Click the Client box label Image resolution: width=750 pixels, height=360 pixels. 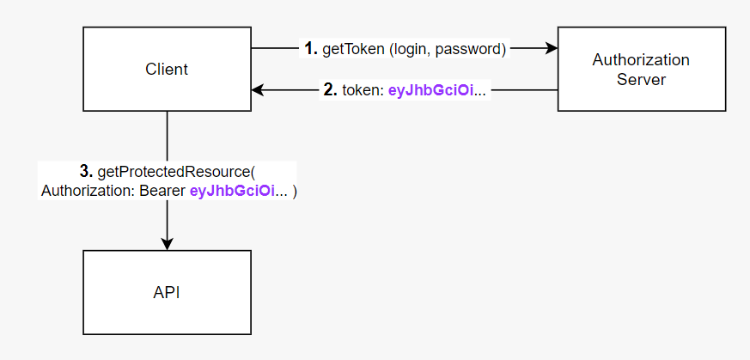167,69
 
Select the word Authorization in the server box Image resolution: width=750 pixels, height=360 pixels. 641,60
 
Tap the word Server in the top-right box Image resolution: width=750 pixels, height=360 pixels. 641,79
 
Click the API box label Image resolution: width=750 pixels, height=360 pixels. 167,292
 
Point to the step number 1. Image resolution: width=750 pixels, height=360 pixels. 311,49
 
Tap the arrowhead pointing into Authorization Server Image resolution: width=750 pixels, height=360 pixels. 552,49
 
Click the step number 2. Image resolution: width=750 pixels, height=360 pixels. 330,89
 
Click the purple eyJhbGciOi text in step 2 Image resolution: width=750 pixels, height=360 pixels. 430,89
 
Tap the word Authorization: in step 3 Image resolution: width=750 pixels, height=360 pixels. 86,192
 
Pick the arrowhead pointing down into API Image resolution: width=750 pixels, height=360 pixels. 167,244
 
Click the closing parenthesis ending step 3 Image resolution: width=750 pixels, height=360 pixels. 294,192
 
